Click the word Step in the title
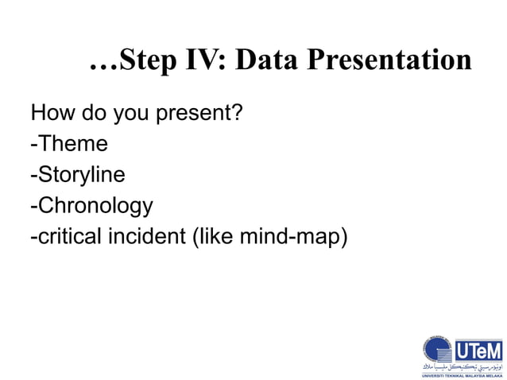149,60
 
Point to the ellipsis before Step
103,65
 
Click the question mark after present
236,114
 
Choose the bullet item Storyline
79,176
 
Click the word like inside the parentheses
216,238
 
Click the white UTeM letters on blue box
478,350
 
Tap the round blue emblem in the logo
436,352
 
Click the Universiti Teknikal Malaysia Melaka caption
462,374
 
